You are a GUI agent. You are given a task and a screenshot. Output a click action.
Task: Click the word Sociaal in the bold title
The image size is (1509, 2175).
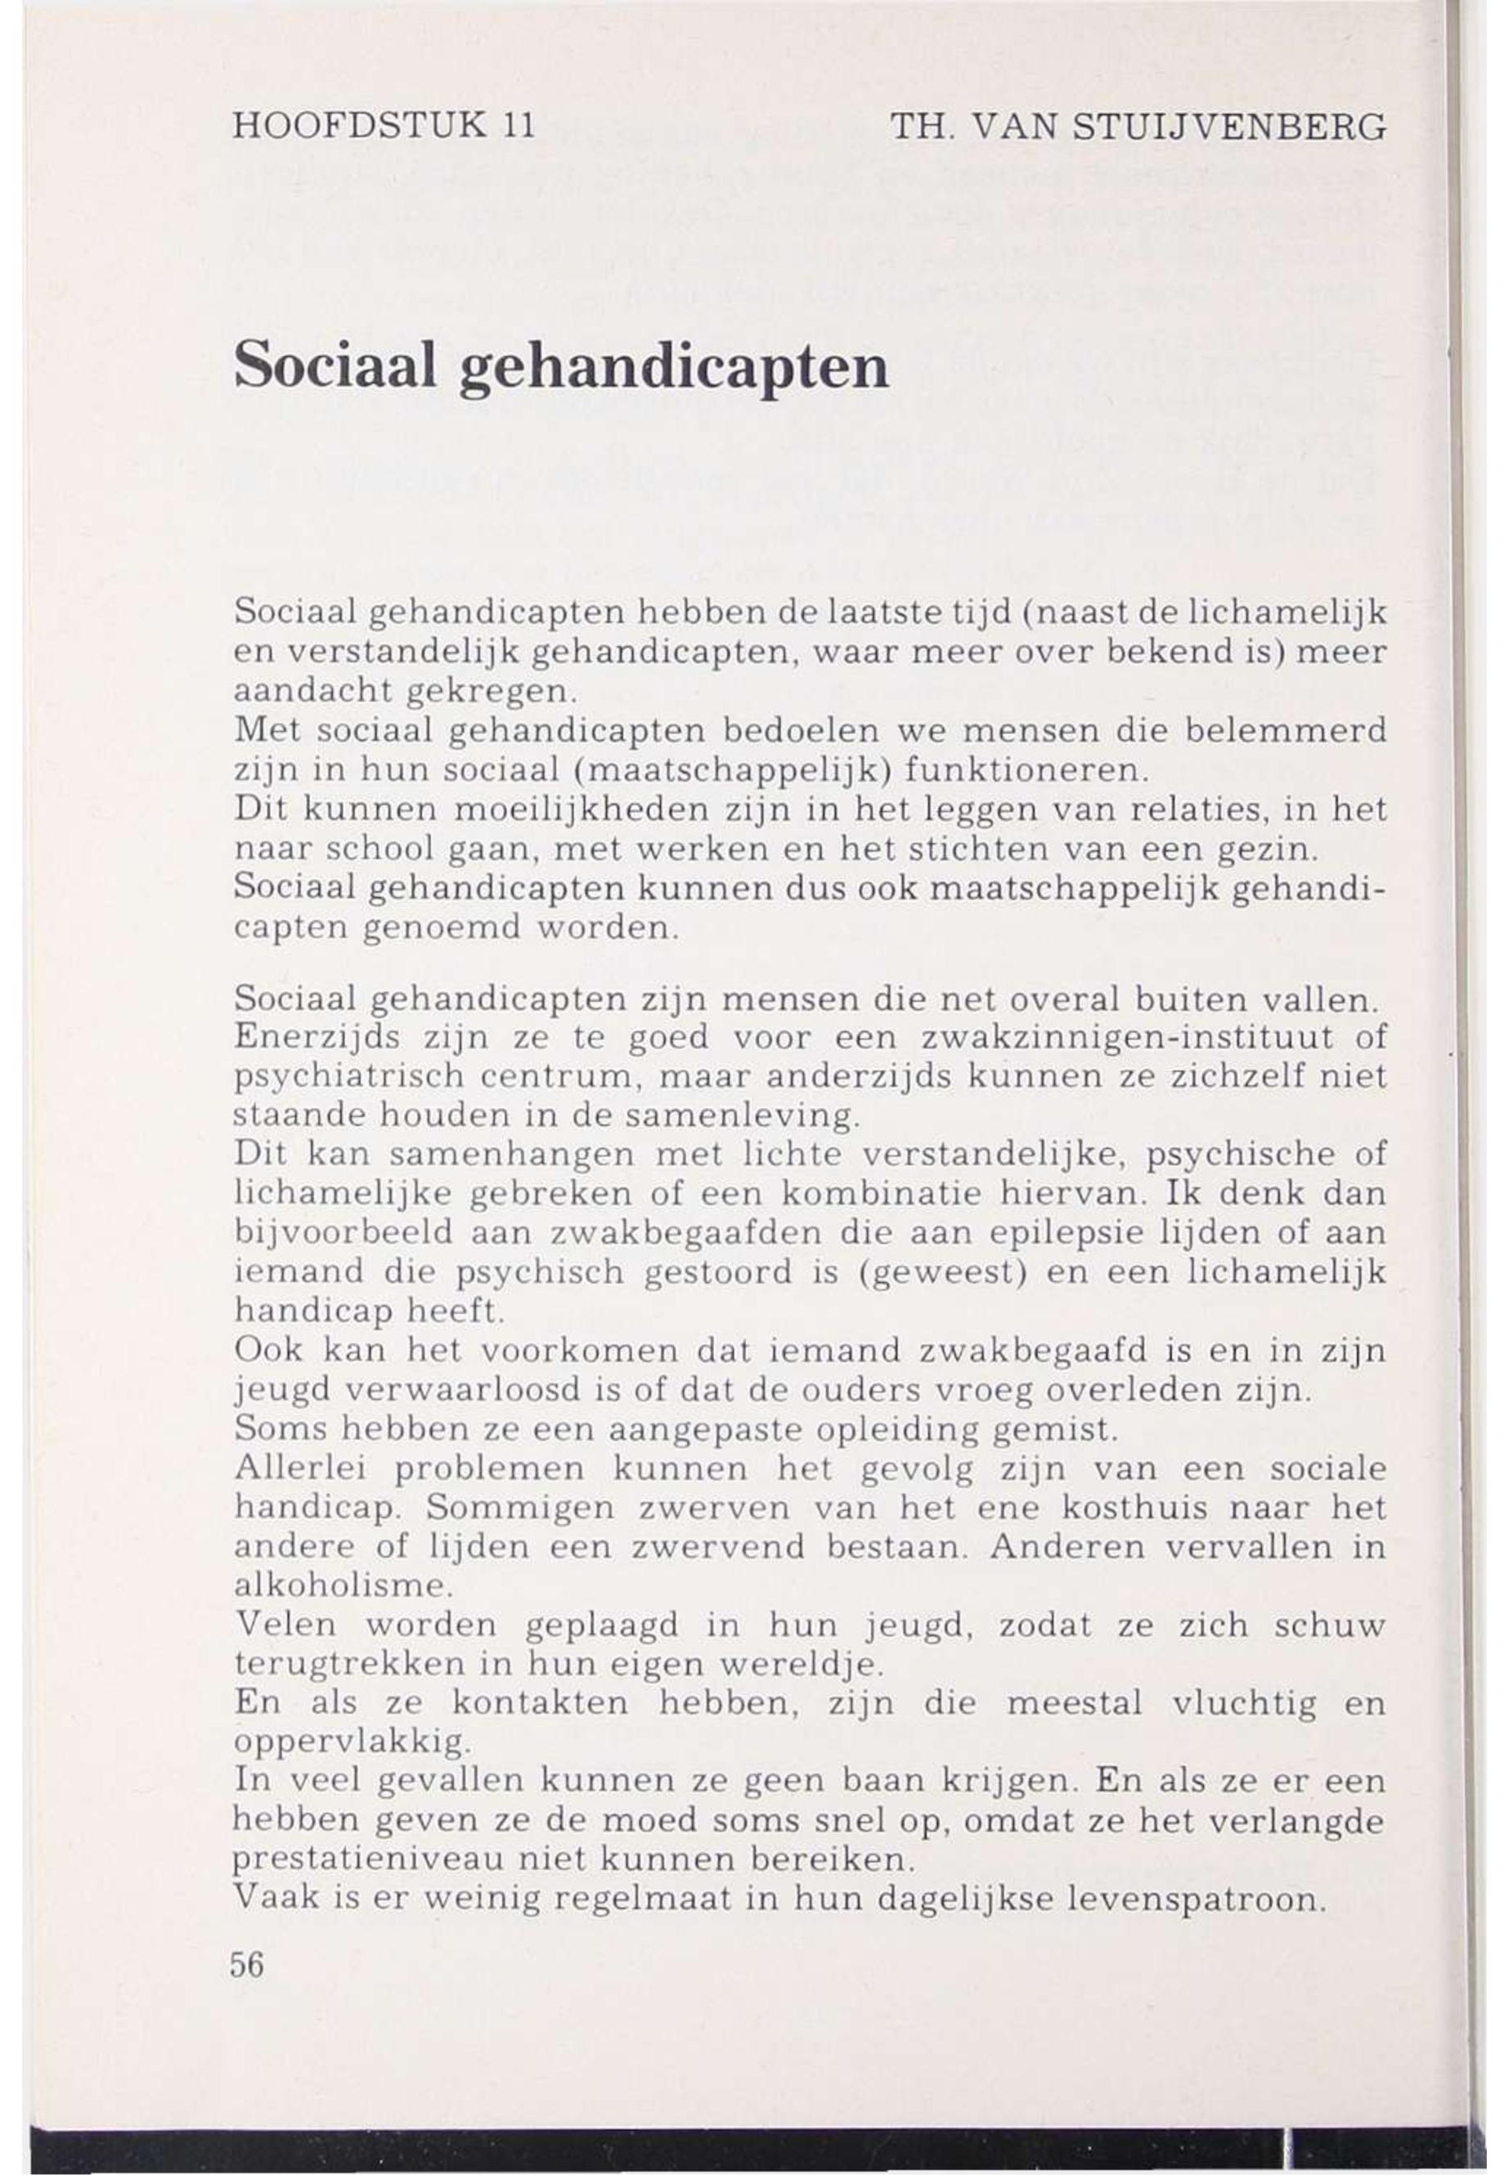point(335,367)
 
